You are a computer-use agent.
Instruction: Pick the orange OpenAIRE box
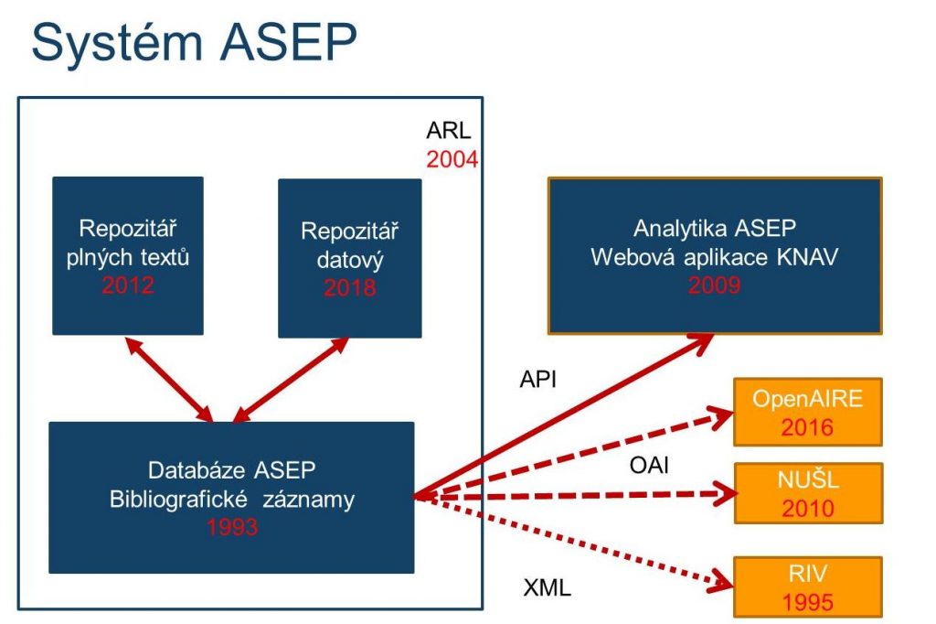tap(807, 412)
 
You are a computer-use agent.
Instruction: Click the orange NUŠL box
tap(807, 495)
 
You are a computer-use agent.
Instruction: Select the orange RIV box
tap(807, 586)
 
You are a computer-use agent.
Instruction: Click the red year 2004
tap(452, 159)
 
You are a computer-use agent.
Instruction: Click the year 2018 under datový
tap(349, 287)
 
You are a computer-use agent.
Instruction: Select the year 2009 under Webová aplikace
tap(714, 285)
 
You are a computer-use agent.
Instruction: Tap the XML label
tap(547, 587)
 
